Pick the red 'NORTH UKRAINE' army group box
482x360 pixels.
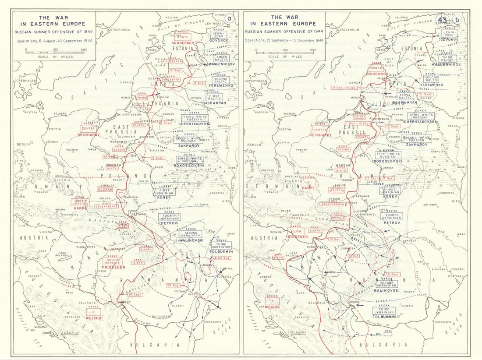81,202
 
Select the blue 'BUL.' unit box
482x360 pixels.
387,334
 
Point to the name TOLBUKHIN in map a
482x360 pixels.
221,252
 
